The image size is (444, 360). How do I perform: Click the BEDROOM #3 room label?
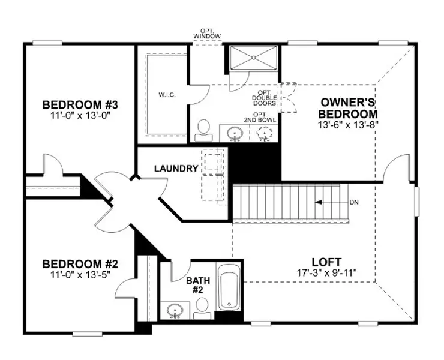(80, 105)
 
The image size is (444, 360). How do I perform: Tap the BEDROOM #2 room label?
(80, 264)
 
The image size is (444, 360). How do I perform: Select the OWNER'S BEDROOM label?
(348, 108)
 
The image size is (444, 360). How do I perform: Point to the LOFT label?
(326, 262)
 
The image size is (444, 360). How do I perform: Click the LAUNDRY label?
(176, 169)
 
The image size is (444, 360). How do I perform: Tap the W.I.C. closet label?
(167, 95)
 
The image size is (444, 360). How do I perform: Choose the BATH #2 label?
(198, 285)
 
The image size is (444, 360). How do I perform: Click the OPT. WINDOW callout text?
(207, 34)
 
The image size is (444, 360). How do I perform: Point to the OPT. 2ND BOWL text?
(260, 117)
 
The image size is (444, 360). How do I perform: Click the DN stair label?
(354, 203)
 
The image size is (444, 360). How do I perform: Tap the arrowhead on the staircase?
(319, 202)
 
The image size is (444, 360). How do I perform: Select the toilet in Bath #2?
(202, 309)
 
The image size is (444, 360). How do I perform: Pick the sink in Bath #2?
(175, 310)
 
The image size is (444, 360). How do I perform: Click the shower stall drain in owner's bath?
(253, 58)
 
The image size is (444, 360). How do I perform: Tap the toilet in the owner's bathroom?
(203, 130)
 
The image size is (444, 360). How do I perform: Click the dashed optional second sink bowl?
(264, 133)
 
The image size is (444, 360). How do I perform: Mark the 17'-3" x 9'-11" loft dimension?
(326, 273)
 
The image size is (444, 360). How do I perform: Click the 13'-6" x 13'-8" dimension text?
(348, 125)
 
